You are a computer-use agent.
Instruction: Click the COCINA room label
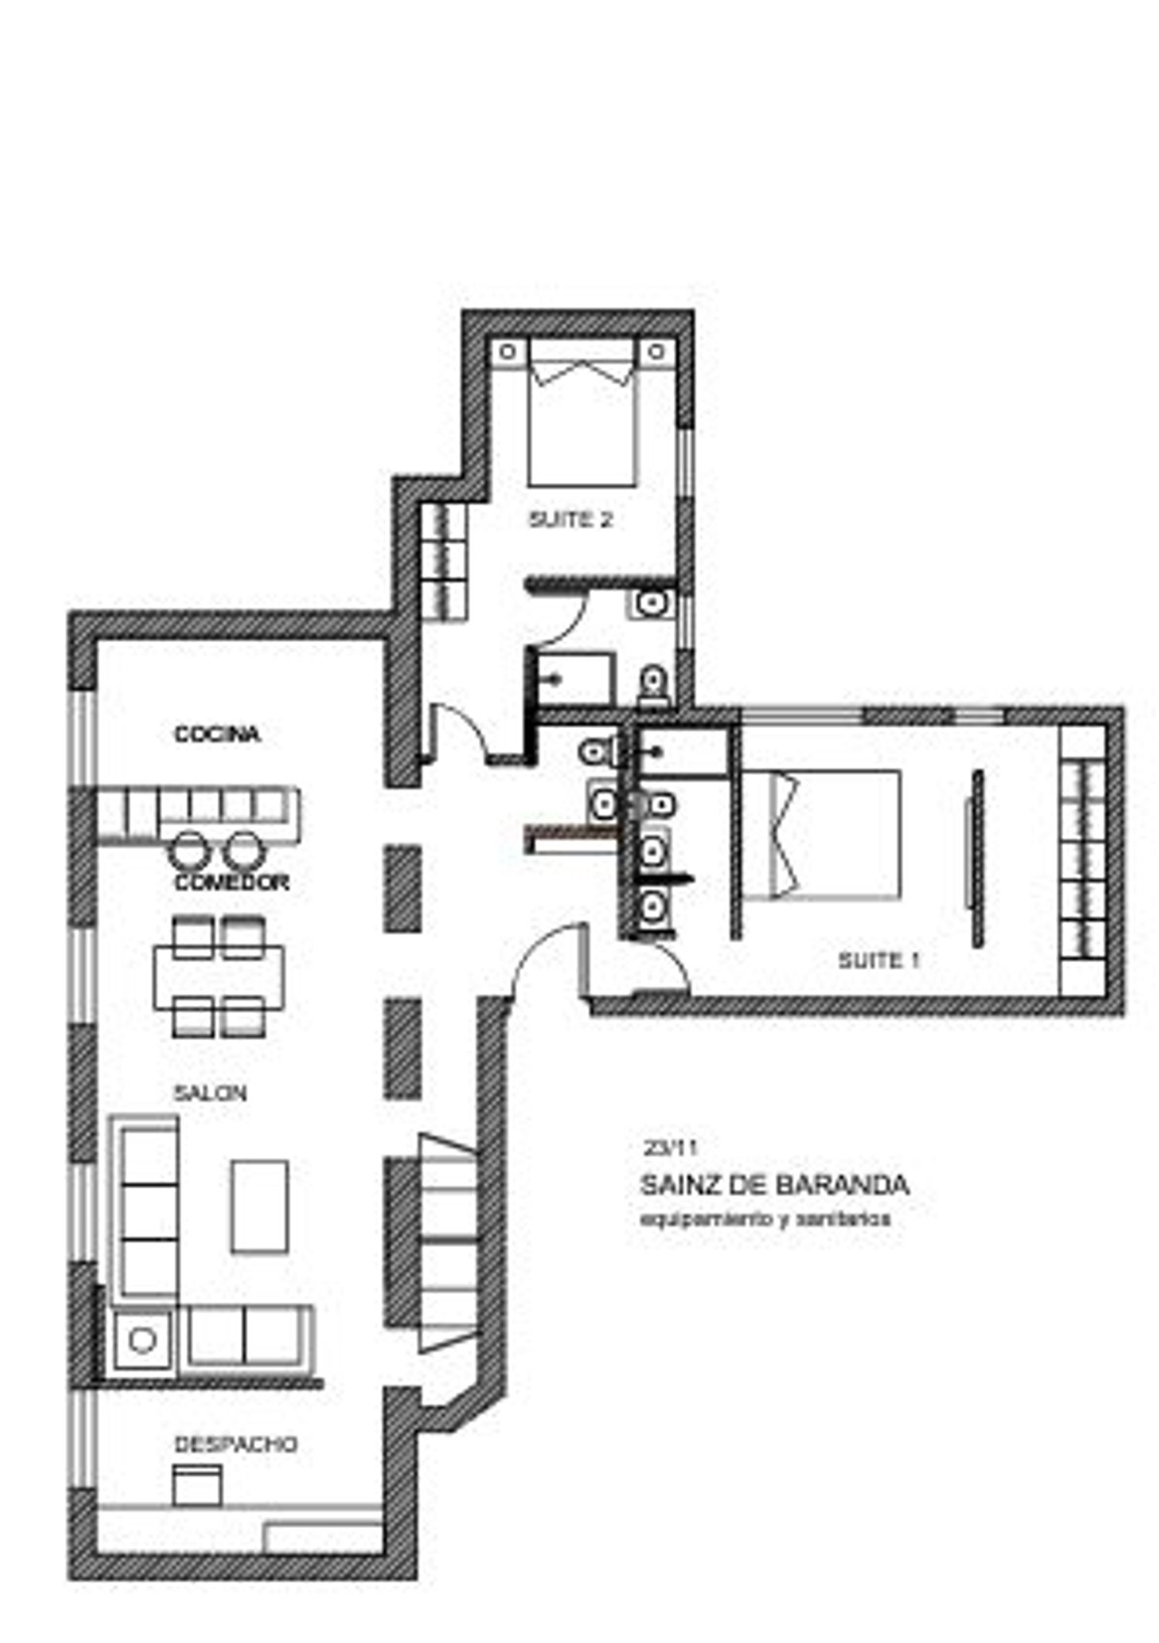tap(217, 733)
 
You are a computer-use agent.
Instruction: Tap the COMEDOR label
tap(232, 882)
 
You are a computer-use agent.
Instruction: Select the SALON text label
tap(210, 1093)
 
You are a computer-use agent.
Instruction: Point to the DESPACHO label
tap(236, 1444)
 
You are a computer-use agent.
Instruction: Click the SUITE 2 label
tap(570, 520)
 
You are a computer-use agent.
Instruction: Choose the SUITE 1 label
tap(879, 961)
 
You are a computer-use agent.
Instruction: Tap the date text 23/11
tap(670, 1148)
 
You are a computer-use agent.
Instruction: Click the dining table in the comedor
tap(219, 978)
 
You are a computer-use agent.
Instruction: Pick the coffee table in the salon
tap(260, 1206)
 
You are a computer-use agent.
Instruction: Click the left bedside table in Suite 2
tap(508, 352)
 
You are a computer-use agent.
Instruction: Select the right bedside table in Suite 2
tap(656, 352)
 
